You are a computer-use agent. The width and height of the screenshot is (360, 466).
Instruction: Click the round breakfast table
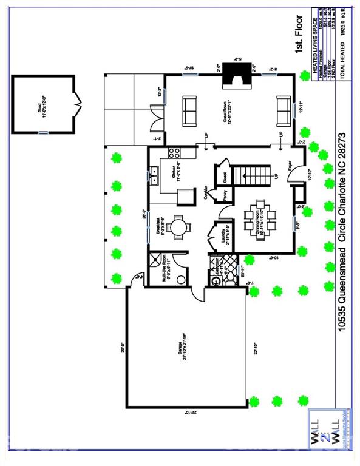(180, 228)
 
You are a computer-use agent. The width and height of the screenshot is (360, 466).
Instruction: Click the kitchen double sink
(155, 177)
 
